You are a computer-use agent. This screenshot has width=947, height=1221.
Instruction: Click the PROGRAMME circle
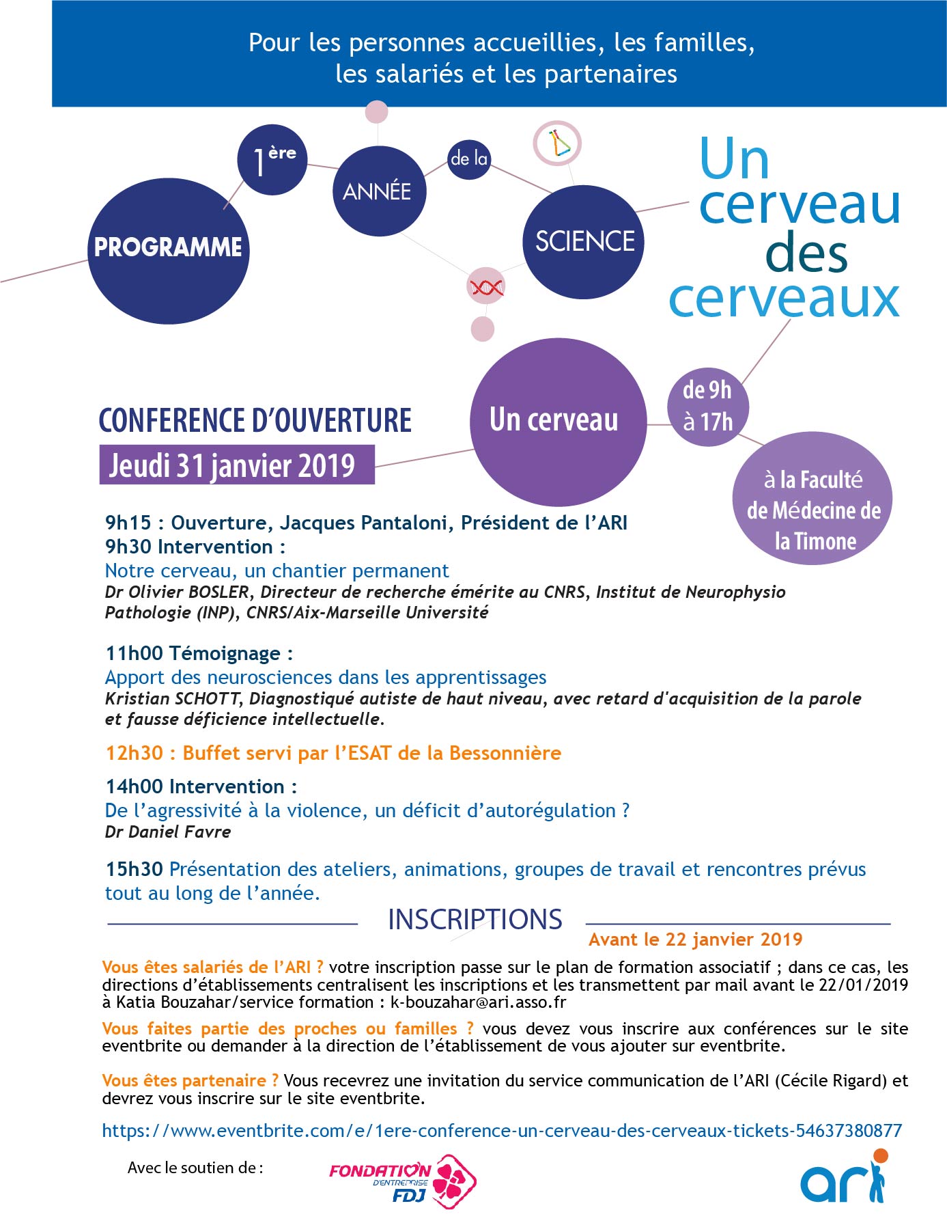pyautogui.click(x=168, y=251)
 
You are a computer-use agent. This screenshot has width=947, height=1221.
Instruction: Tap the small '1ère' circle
pyautogui.click(x=272, y=160)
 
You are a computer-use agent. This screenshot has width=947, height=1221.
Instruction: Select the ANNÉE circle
pyautogui.click(x=378, y=191)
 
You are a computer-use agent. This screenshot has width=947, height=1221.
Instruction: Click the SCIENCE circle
pyautogui.click(x=584, y=242)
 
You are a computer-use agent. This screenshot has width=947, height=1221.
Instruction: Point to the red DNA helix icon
pyautogui.click(x=485, y=287)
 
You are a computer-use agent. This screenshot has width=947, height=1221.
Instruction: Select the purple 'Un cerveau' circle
pyautogui.click(x=557, y=421)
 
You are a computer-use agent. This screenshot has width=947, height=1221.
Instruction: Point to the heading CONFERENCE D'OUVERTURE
pyautogui.click(x=255, y=420)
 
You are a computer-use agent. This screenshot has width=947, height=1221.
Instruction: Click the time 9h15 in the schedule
pyautogui.click(x=128, y=523)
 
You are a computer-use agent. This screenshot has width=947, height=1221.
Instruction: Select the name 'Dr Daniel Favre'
pyautogui.click(x=168, y=832)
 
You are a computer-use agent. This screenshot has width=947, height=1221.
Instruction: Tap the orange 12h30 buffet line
pyautogui.click(x=333, y=753)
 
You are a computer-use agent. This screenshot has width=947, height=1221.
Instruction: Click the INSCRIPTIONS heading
pyautogui.click(x=475, y=920)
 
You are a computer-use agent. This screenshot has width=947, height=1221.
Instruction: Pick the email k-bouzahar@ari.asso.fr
pyautogui.click(x=478, y=1002)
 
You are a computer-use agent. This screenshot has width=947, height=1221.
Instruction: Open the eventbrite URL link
pyautogui.click(x=502, y=1131)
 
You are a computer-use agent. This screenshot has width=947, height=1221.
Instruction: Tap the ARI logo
pyautogui.click(x=844, y=1178)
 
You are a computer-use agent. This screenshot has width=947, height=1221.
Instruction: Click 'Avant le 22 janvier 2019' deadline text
pyautogui.click(x=695, y=939)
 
